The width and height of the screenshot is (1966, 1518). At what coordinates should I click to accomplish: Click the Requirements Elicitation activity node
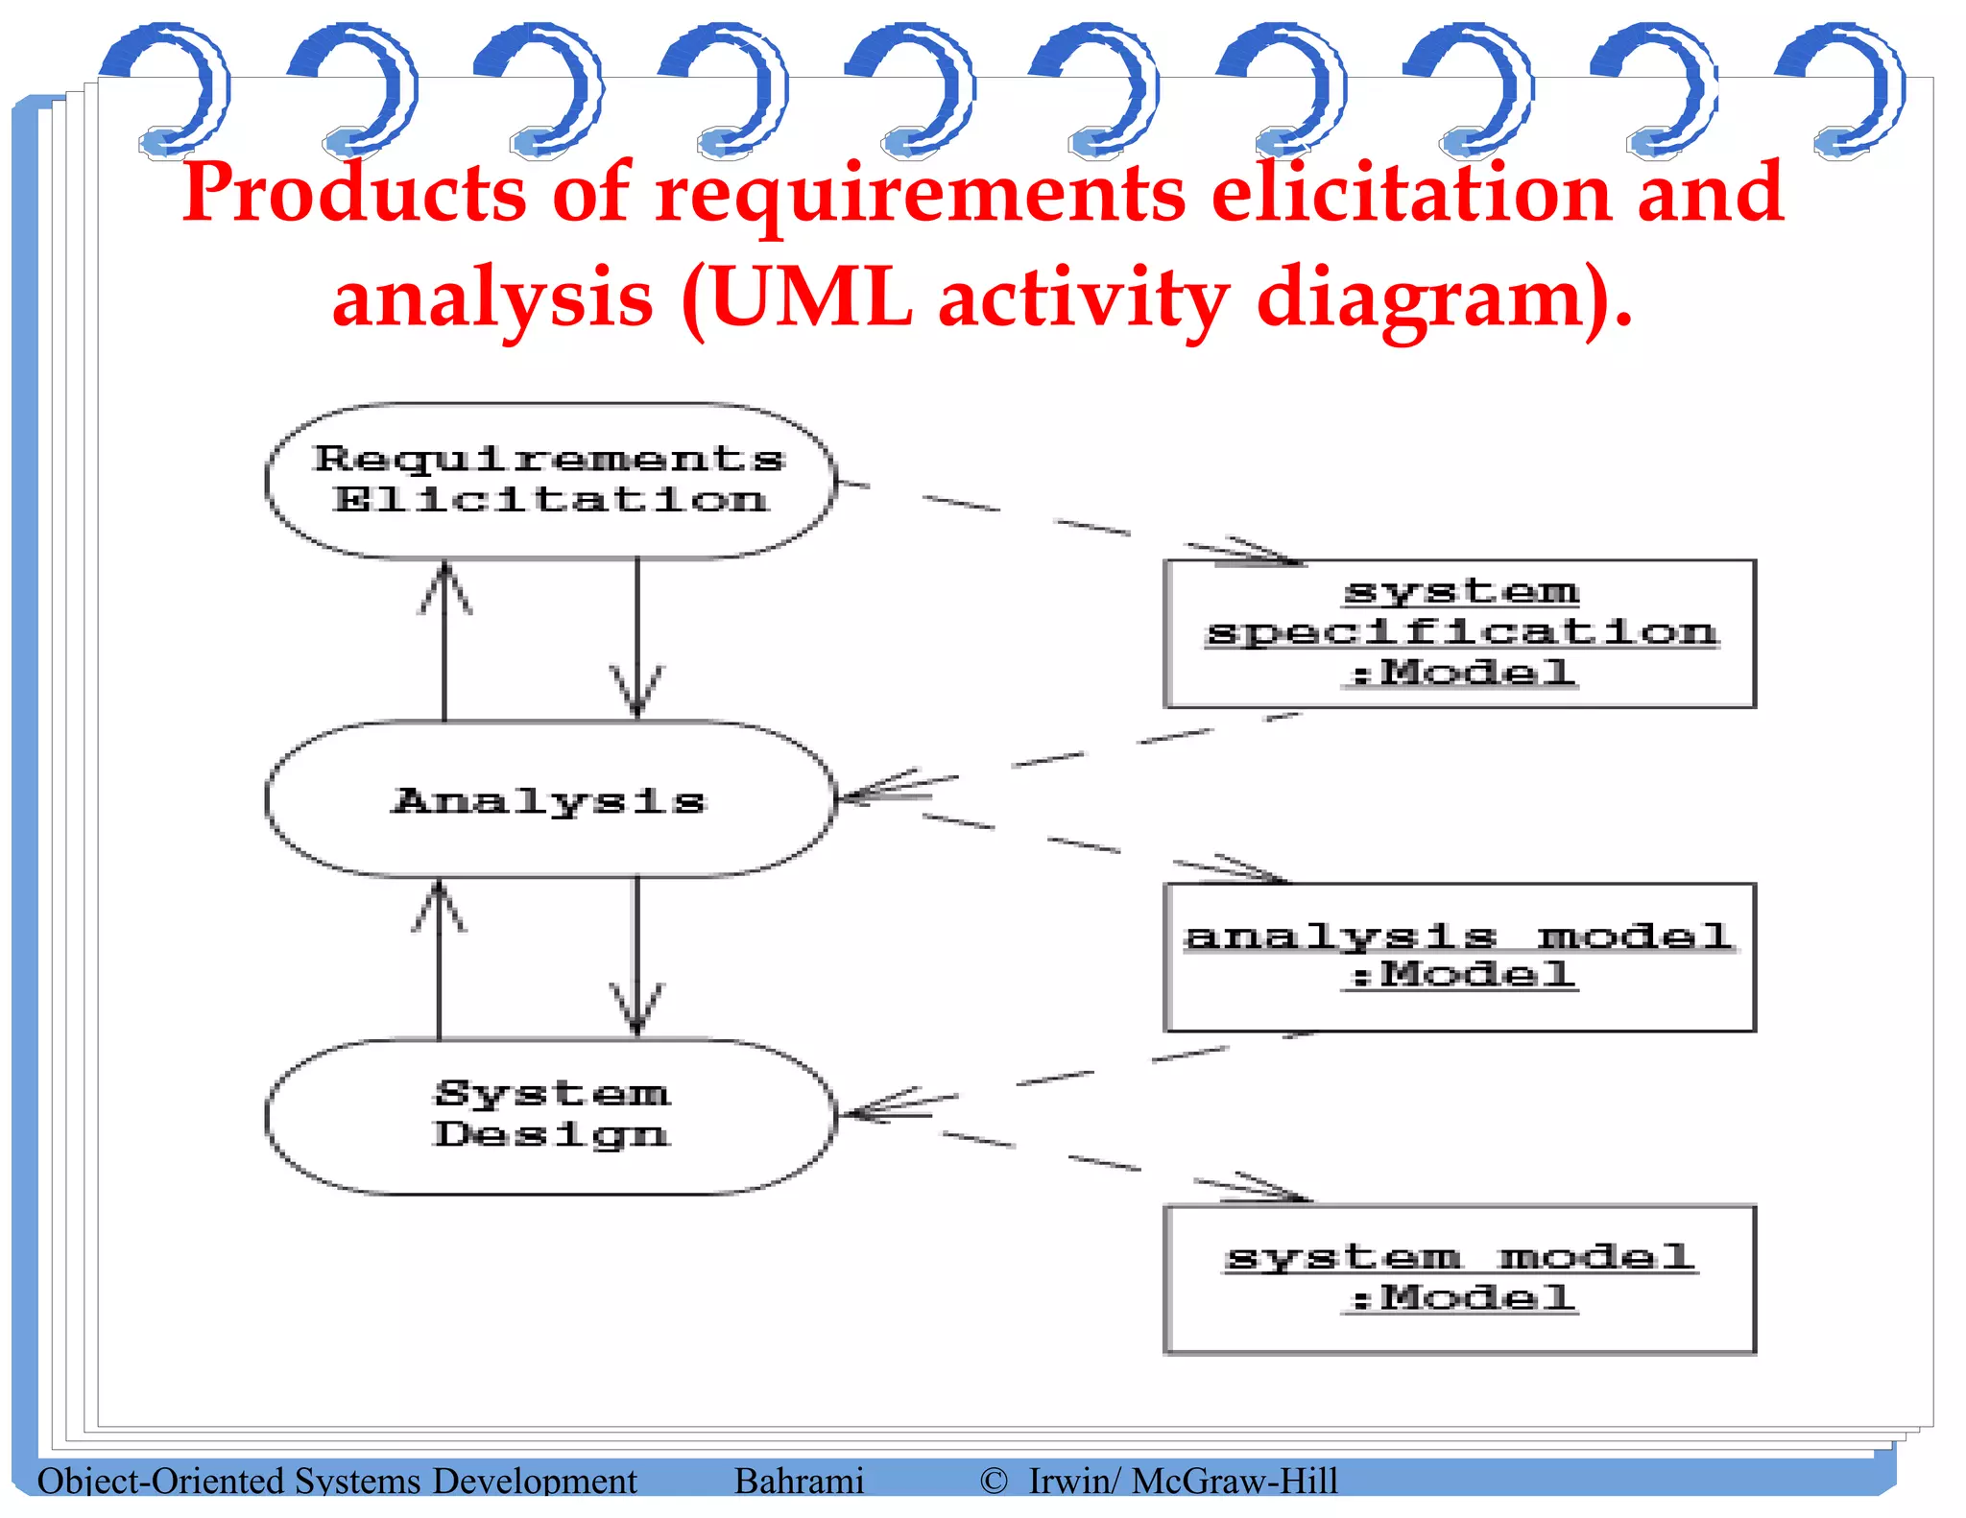[x=549, y=480]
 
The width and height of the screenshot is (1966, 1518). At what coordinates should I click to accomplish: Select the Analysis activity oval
[x=549, y=799]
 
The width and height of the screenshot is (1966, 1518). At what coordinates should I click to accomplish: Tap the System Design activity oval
[x=549, y=1116]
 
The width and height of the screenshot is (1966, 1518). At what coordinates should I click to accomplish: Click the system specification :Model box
[x=1459, y=633]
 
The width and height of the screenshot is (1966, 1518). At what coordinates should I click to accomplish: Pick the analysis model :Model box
[x=1459, y=957]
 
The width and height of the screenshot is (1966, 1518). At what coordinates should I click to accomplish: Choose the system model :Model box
[x=1459, y=1279]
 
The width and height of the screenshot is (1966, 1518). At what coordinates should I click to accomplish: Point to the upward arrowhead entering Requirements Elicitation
[x=444, y=585]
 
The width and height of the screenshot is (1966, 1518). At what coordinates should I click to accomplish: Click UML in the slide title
[x=811, y=297]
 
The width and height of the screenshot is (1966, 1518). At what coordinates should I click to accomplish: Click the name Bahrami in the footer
[x=799, y=1481]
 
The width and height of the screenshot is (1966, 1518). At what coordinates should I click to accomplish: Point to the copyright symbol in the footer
[x=994, y=1481]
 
